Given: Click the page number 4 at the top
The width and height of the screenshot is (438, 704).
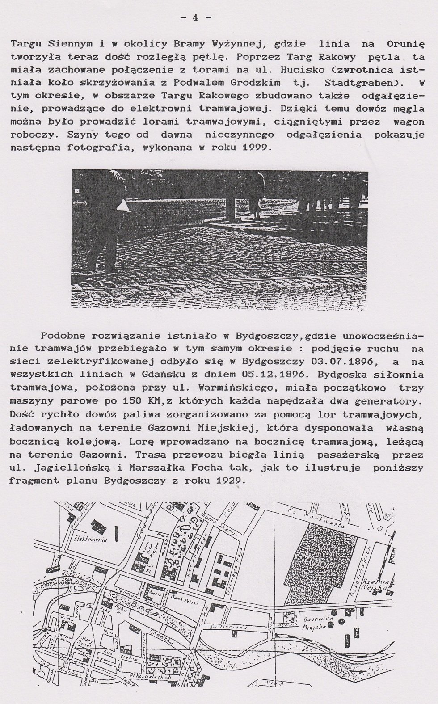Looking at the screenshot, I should click(195, 17).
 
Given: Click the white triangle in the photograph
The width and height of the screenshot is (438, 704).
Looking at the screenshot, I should click(122, 206).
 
